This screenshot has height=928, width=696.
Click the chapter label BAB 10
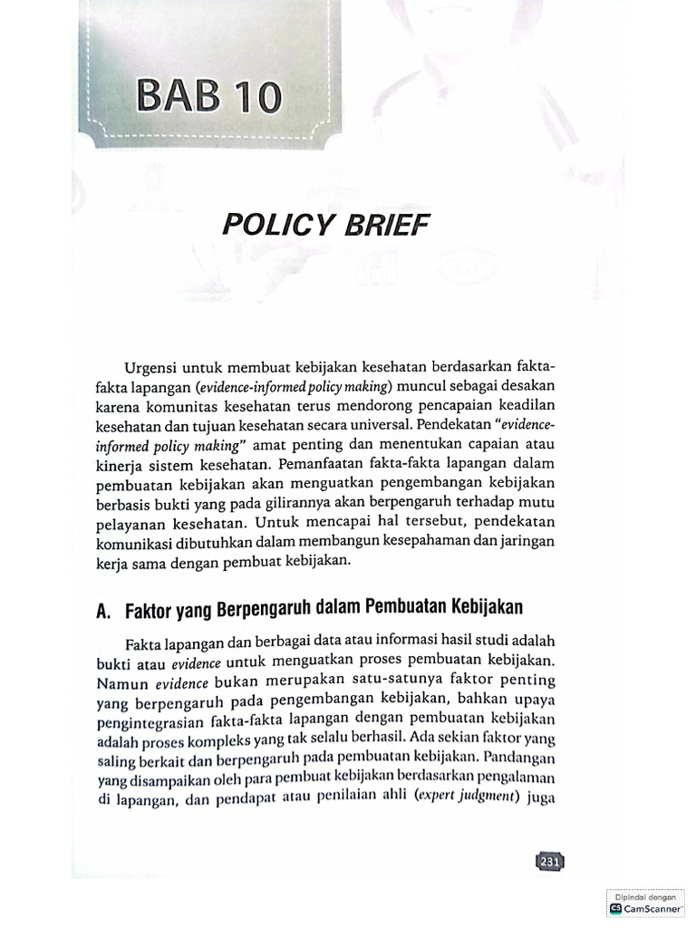coord(208,97)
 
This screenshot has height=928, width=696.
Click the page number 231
coord(549,862)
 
